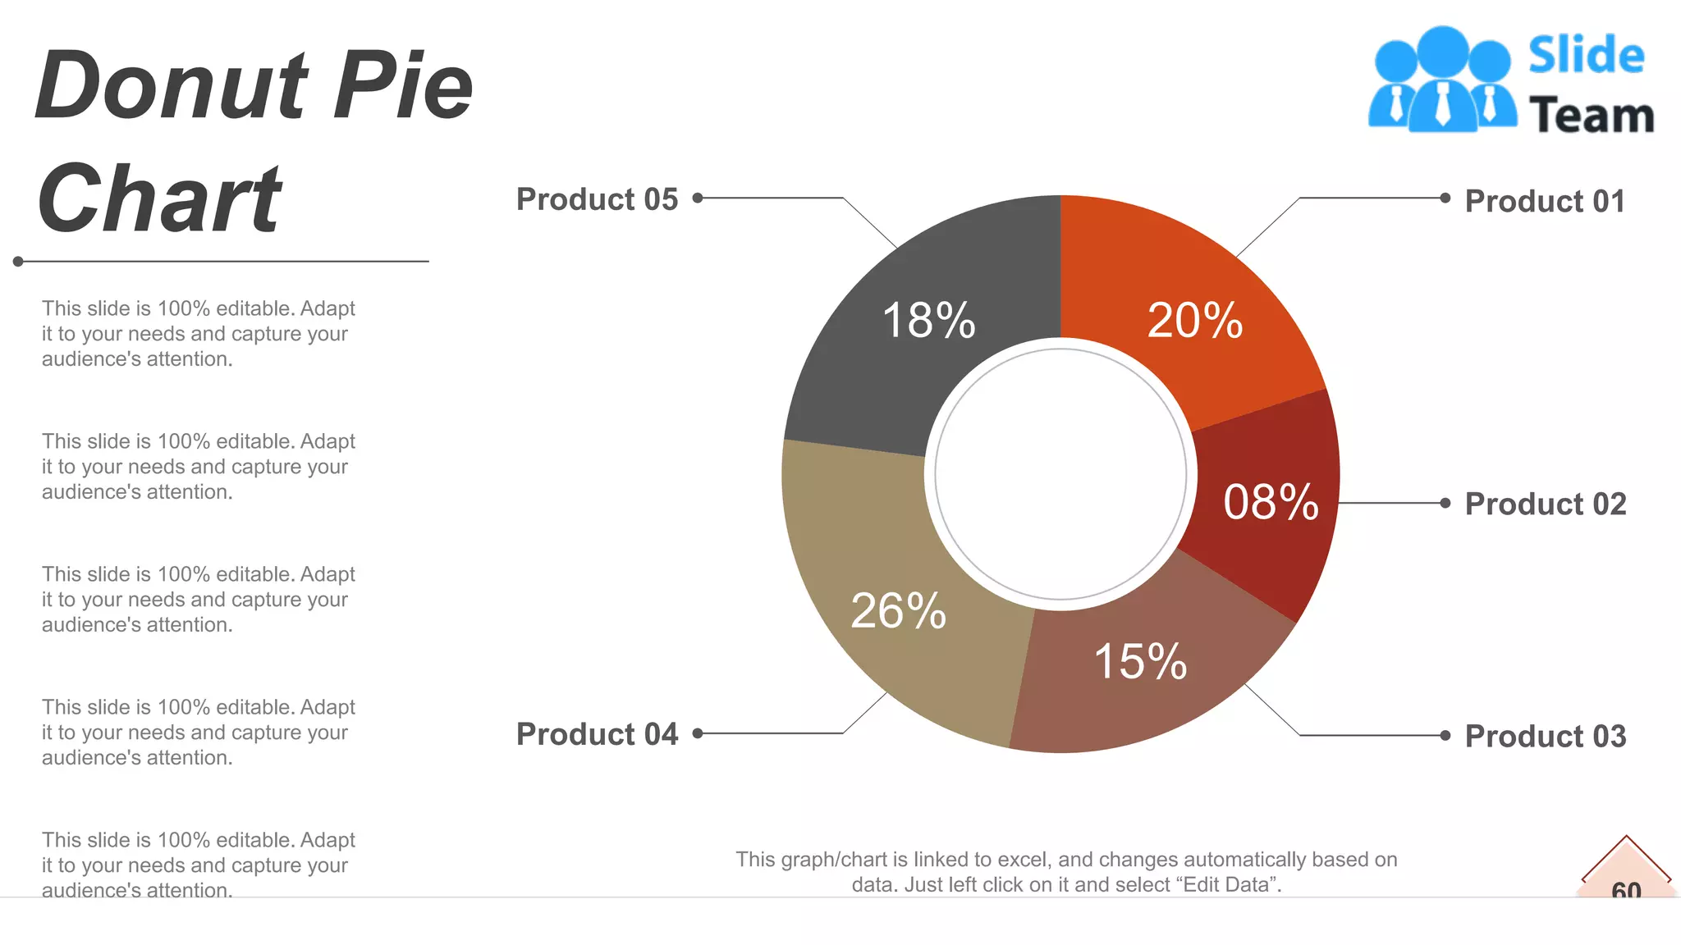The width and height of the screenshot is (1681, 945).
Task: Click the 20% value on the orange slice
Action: point(1194,320)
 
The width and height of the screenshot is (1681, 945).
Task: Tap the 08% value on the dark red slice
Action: point(1271,502)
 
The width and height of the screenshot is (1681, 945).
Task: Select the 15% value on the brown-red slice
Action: point(1140,661)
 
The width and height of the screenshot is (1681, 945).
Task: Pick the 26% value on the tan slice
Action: point(898,610)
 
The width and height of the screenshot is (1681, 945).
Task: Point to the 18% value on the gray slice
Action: point(928,320)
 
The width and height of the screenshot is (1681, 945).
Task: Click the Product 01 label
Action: point(1545,201)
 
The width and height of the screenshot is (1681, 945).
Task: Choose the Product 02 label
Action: point(1545,504)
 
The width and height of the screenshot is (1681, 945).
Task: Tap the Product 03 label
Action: point(1545,736)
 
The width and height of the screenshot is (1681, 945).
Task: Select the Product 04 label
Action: point(597,734)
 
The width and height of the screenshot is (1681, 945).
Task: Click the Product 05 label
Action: point(597,199)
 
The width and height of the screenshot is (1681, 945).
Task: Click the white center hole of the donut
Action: point(1060,474)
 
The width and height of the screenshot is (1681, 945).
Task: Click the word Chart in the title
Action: point(160,199)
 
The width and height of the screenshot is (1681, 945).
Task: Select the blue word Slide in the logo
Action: point(1586,56)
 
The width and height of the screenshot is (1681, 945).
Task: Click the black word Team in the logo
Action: point(1591,115)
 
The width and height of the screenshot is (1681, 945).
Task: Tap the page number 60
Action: point(1626,889)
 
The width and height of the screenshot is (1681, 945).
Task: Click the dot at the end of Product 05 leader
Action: point(698,198)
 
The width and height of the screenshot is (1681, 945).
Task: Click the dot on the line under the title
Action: point(18,262)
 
